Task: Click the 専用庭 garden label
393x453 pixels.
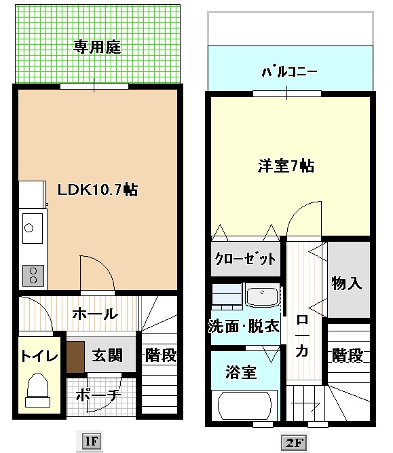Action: (97, 47)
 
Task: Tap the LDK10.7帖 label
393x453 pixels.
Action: (98, 189)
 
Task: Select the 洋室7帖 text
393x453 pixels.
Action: (286, 166)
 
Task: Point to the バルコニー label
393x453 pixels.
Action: (289, 71)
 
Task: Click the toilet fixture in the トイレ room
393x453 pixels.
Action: (37, 391)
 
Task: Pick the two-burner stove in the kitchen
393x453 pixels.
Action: (33, 275)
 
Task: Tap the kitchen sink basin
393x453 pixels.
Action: (33, 228)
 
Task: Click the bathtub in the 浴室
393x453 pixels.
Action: (244, 405)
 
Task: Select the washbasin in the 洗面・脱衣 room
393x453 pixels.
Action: (262, 295)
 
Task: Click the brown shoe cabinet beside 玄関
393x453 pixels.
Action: (75, 357)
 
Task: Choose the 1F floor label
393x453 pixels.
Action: (91, 441)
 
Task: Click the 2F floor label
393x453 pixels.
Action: (295, 442)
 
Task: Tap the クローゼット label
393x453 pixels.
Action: (246, 258)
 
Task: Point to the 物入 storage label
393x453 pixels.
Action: (347, 283)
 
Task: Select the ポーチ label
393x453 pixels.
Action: (98, 395)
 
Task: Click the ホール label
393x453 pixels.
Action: (95, 314)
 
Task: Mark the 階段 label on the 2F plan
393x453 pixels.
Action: (348, 355)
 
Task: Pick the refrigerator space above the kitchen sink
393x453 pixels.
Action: (33, 194)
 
